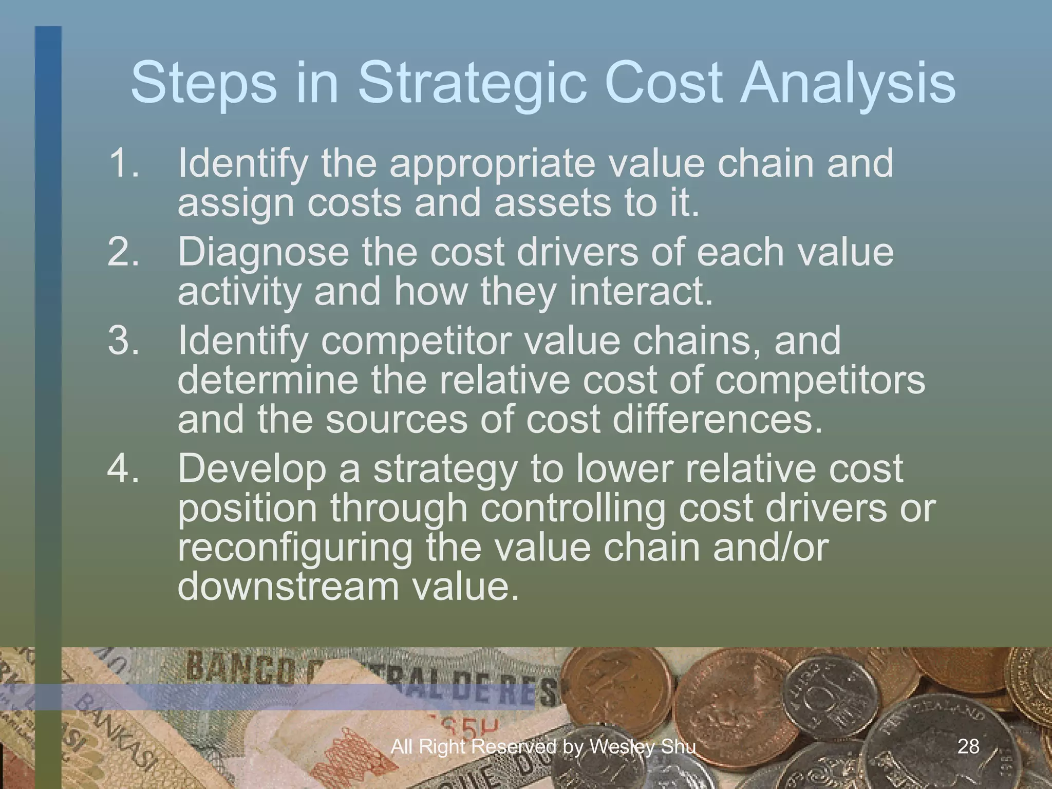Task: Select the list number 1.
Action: click(123, 163)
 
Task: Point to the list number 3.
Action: click(123, 341)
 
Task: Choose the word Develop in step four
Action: click(252, 469)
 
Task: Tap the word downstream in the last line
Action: click(288, 587)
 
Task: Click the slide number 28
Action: click(968, 746)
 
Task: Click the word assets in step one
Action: click(553, 203)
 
